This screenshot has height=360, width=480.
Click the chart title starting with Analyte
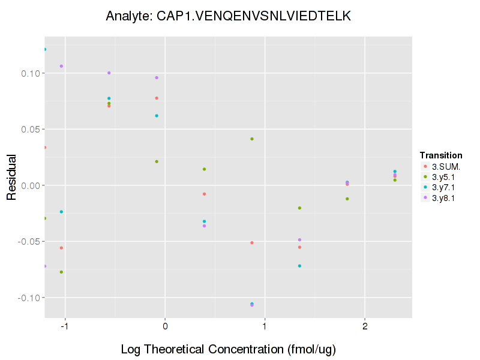(x=228, y=16)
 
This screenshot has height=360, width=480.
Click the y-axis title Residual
(x=11, y=177)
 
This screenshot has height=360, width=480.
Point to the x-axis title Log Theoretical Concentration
(x=228, y=349)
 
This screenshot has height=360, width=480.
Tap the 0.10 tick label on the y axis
(x=28, y=73)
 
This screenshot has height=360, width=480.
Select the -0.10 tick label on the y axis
(x=27, y=298)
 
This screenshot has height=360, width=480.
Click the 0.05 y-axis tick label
(x=28, y=129)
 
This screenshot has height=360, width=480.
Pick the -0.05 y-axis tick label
(x=27, y=241)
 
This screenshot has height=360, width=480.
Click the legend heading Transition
(x=441, y=155)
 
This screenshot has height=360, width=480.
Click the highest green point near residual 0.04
(x=252, y=139)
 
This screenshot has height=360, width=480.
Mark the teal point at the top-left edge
(x=44, y=49)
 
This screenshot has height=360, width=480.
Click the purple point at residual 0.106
(x=61, y=66)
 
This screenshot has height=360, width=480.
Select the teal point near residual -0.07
(x=299, y=266)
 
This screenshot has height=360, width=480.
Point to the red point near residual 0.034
(x=44, y=147)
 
